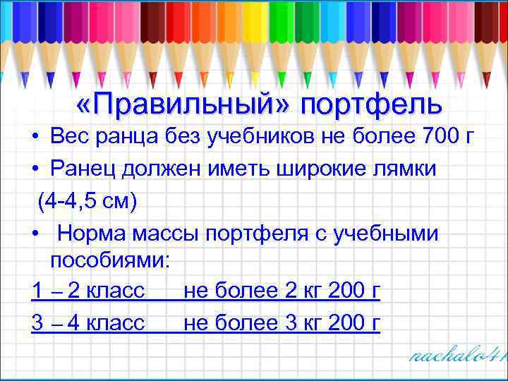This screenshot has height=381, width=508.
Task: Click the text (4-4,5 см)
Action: point(87,200)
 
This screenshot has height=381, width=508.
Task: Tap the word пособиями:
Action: point(110,260)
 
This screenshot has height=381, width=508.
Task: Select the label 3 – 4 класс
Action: point(88,322)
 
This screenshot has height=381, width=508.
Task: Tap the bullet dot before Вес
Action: point(35,140)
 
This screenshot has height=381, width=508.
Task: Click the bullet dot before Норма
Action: point(35,231)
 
